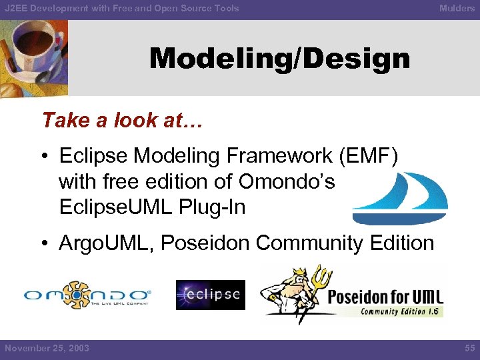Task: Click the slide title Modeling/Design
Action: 279,59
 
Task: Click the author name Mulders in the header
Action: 457,8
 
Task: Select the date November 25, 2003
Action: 47,348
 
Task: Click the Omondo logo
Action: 87,295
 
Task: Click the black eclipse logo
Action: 210,295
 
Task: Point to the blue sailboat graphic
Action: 400,198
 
